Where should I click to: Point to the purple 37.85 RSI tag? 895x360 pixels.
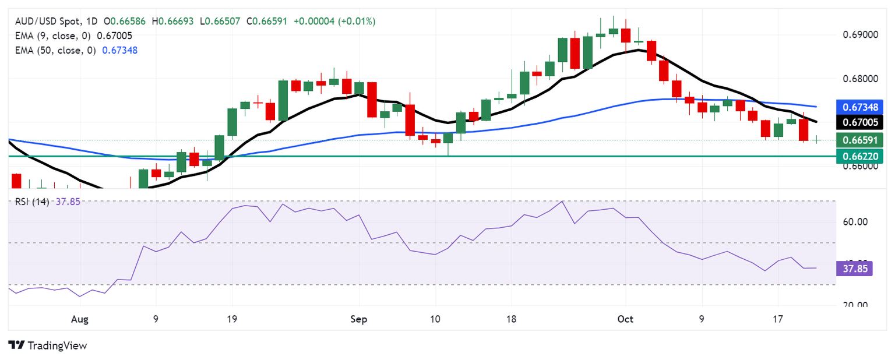(x=854, y=268)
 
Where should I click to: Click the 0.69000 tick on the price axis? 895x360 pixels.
(x=860, y=35)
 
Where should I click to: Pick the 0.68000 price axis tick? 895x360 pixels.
(x=860, y=79)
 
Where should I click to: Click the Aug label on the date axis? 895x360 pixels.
(x=80, y=319)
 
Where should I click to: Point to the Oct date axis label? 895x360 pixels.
(x=625, y=319)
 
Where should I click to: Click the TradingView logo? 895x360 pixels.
(x=48, y=345)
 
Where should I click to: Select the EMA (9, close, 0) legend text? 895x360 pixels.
(x=54, y=36)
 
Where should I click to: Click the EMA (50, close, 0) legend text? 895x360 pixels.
(x=56, y=50)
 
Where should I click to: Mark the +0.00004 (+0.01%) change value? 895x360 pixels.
(x=334, y=22)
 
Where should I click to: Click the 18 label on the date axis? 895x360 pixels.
(x=511, y=319)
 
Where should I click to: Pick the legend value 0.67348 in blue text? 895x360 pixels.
(x=120, y=50)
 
